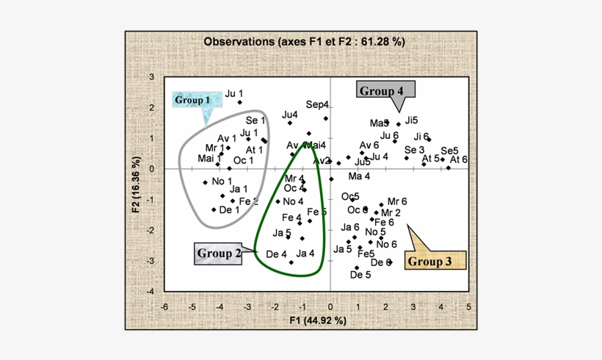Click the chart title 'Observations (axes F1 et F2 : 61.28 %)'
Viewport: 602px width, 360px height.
pyautogui.click(x=304, y=42)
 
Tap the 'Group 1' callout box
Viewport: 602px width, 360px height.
pyautogui.click(x=192, y=99)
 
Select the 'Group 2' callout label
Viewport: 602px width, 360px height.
pyautogui.click(x=219, y=254)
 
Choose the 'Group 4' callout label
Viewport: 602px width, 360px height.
pyautogui.click(x=381, y=90)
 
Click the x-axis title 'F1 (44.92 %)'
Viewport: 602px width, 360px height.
pyautogui.click(x=317, y=320)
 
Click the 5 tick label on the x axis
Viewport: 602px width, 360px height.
pyautogui.click(x=468, y=306)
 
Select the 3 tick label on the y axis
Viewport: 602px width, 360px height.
pyautogui.click(x=151, y=77)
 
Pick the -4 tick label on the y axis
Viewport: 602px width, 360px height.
pyautogui.click(x=150, y=291)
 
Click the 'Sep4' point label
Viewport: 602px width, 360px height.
pyautogui.click(x=317, y=104)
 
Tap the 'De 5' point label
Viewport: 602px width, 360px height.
pyautogui.click(x=360, y=275)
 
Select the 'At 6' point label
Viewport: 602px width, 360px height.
pyautogui.click(x=459, y=159)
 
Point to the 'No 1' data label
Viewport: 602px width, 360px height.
pyautogui.click(x=222, y=181)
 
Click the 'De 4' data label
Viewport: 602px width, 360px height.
pyautogui.click(x=276, y=254)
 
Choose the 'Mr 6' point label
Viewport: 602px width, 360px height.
pyautogui.click(x=396, y=201)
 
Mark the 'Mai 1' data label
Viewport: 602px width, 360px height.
pyautogui.click(x=210, y=158)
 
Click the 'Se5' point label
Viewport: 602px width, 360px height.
pyautogui.click(x=449, y=151)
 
